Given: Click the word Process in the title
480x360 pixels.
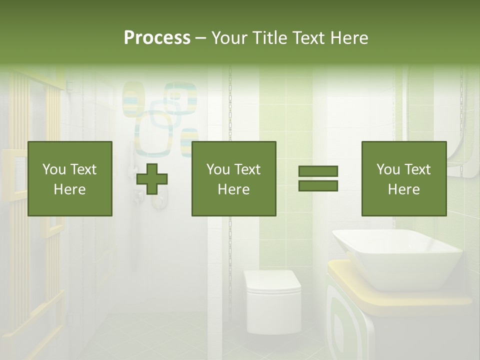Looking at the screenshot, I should tap(157, 38).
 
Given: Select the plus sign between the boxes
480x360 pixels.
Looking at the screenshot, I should tap(152, 178).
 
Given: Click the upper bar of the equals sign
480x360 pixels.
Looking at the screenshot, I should tap(318, 171).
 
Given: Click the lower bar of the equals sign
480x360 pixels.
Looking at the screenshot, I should tap(318, 185).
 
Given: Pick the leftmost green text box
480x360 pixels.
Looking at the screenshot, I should tap(69, 178).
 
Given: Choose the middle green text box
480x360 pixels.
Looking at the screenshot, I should tap(233, 178).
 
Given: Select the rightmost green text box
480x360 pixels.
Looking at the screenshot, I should tap(403, 178).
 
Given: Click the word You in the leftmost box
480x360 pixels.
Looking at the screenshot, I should tap(52, 169).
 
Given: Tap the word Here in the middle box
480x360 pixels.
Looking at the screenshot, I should tap(233, 189).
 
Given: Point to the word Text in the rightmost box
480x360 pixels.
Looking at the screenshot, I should tap(417, 169).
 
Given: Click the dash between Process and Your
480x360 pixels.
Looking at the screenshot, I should tap(201, 38).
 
